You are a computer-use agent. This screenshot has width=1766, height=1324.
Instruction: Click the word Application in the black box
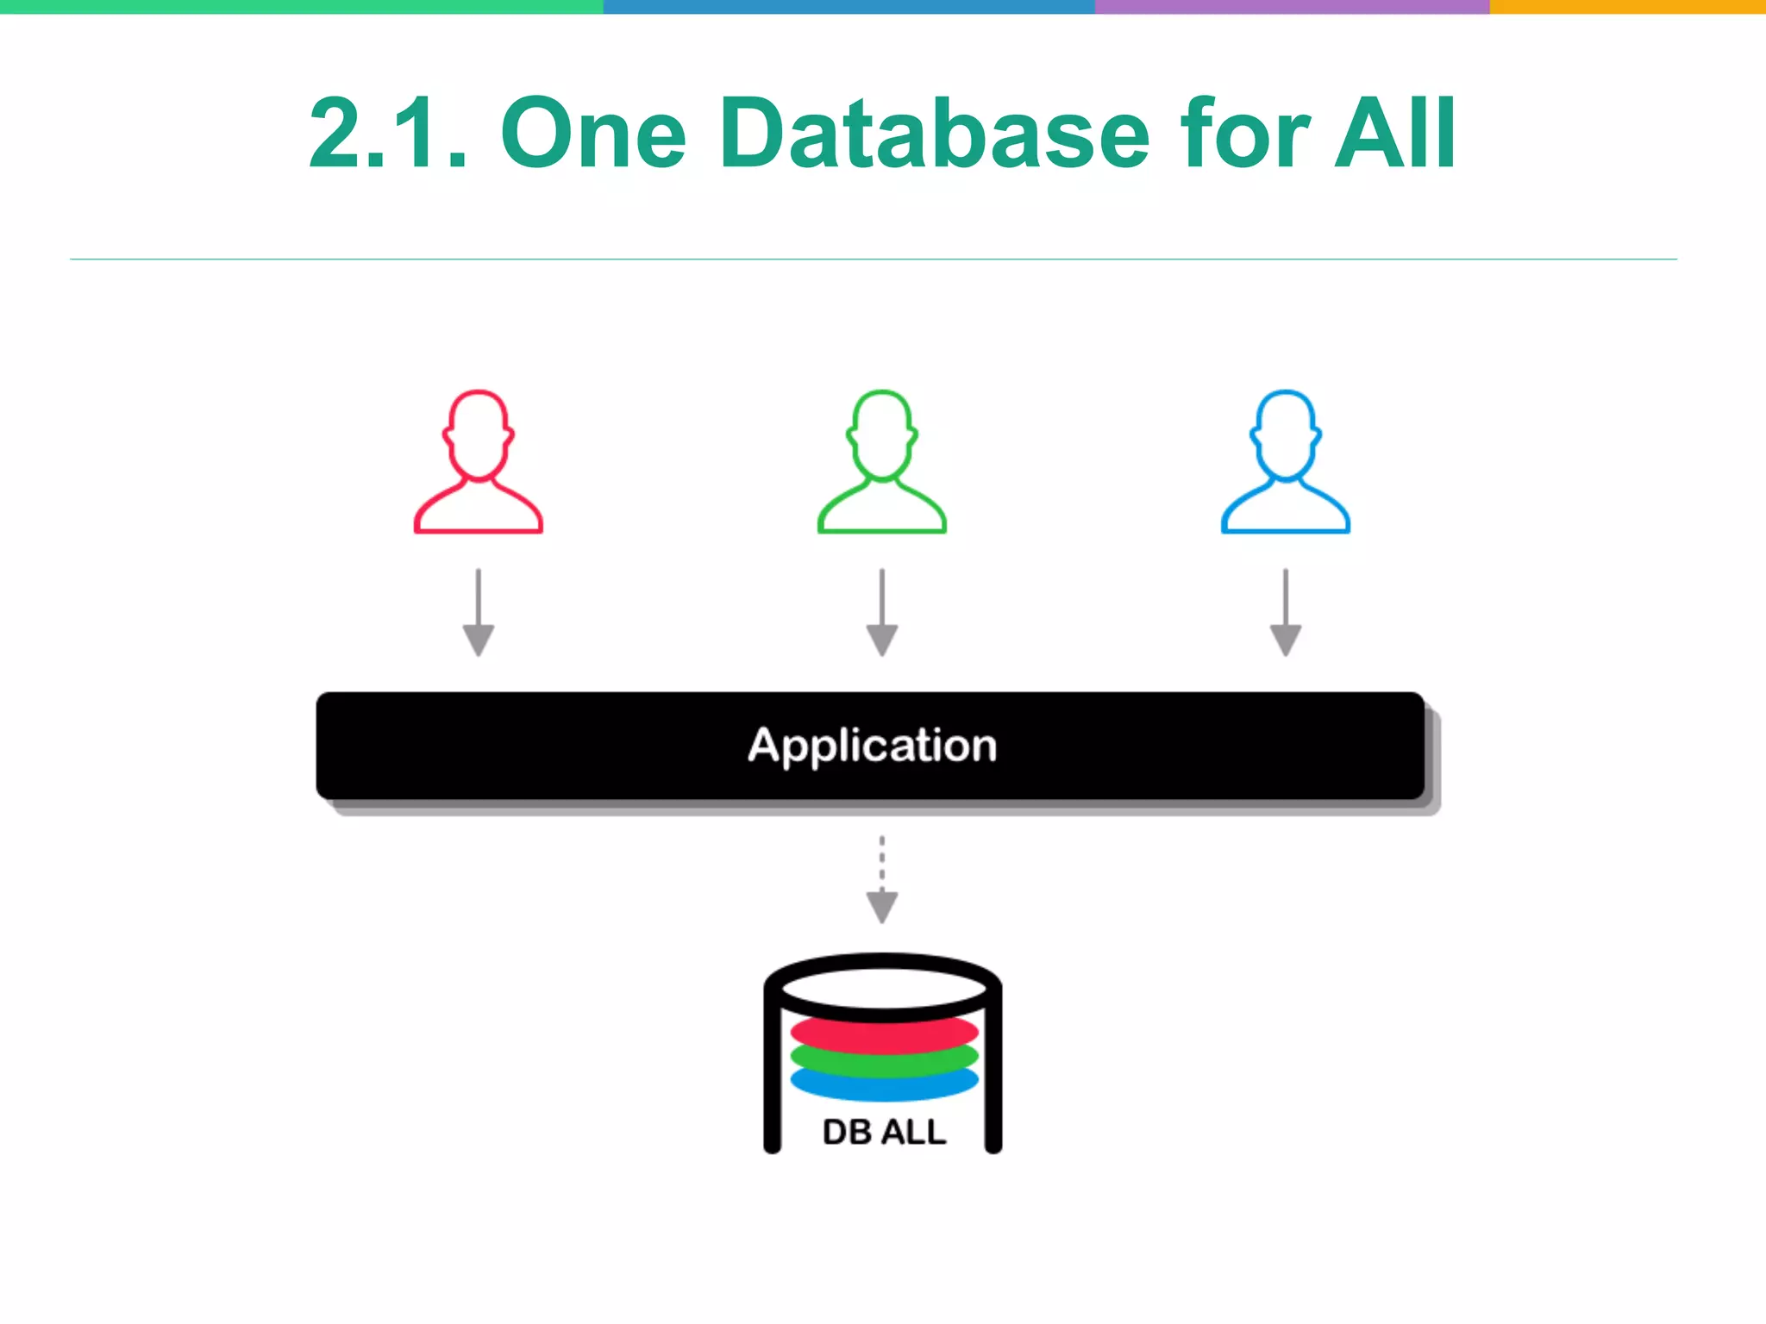872,746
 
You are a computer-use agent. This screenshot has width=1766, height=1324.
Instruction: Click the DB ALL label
884,1132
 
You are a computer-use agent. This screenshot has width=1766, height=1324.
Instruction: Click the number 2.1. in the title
388,134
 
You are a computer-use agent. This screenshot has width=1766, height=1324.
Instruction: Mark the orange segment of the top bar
1627,6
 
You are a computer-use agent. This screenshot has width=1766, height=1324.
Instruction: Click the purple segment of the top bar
1292,6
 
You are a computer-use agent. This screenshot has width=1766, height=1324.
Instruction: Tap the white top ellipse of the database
883,988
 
